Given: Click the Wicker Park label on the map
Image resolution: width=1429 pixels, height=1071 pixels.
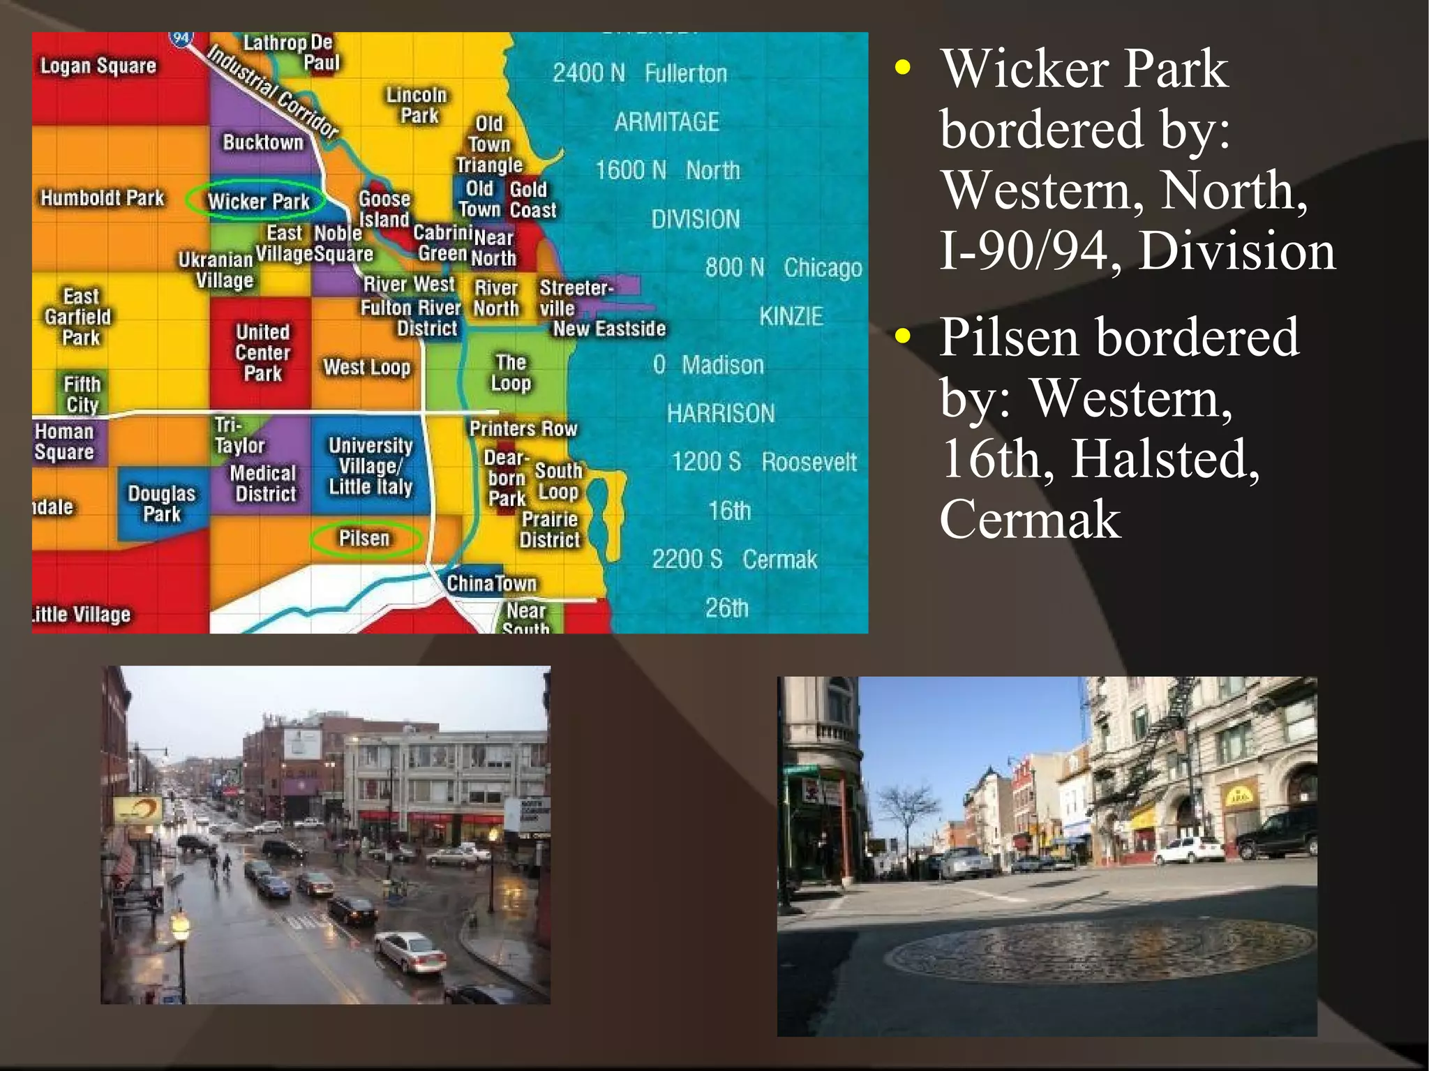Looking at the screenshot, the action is click(x=258, y=201).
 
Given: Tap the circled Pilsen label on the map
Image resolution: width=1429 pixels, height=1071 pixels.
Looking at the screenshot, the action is click(x=364, y=538).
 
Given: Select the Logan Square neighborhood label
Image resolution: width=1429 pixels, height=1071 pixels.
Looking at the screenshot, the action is click(x=98, y=66).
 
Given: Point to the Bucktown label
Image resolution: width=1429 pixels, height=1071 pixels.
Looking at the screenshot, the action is click(x=263, y=142).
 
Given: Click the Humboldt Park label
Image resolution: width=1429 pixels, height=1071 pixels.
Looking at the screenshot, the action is click(x=102, y=198).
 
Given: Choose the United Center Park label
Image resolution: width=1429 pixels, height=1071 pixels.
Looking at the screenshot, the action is click(x=262, y=352).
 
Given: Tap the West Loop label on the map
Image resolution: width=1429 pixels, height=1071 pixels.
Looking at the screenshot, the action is click(x=366, y=367).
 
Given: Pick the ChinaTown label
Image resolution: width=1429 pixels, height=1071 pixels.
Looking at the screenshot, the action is click(x=491, y=583).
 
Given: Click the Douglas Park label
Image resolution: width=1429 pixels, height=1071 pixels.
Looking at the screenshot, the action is click(x=161, y=504).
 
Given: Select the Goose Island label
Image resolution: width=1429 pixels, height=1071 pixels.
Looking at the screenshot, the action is click(x=384, y=209).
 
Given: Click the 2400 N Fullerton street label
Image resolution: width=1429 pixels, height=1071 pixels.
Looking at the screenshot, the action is click(x=639, y=73).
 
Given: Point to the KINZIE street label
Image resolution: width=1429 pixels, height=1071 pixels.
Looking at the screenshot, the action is click(x=791, y=317).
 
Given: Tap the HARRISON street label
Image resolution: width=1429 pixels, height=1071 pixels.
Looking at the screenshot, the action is click(x=720, y=413).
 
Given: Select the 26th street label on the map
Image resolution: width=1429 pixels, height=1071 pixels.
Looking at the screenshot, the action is click(x=726, y=608).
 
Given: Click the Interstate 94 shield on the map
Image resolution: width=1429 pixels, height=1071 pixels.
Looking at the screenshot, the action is click(x=181, y=38).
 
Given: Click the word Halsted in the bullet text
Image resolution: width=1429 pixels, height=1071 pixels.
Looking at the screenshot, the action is click(x=1165, y=458).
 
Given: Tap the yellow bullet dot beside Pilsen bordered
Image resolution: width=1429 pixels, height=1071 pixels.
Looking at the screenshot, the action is click(x=903, y=336).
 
